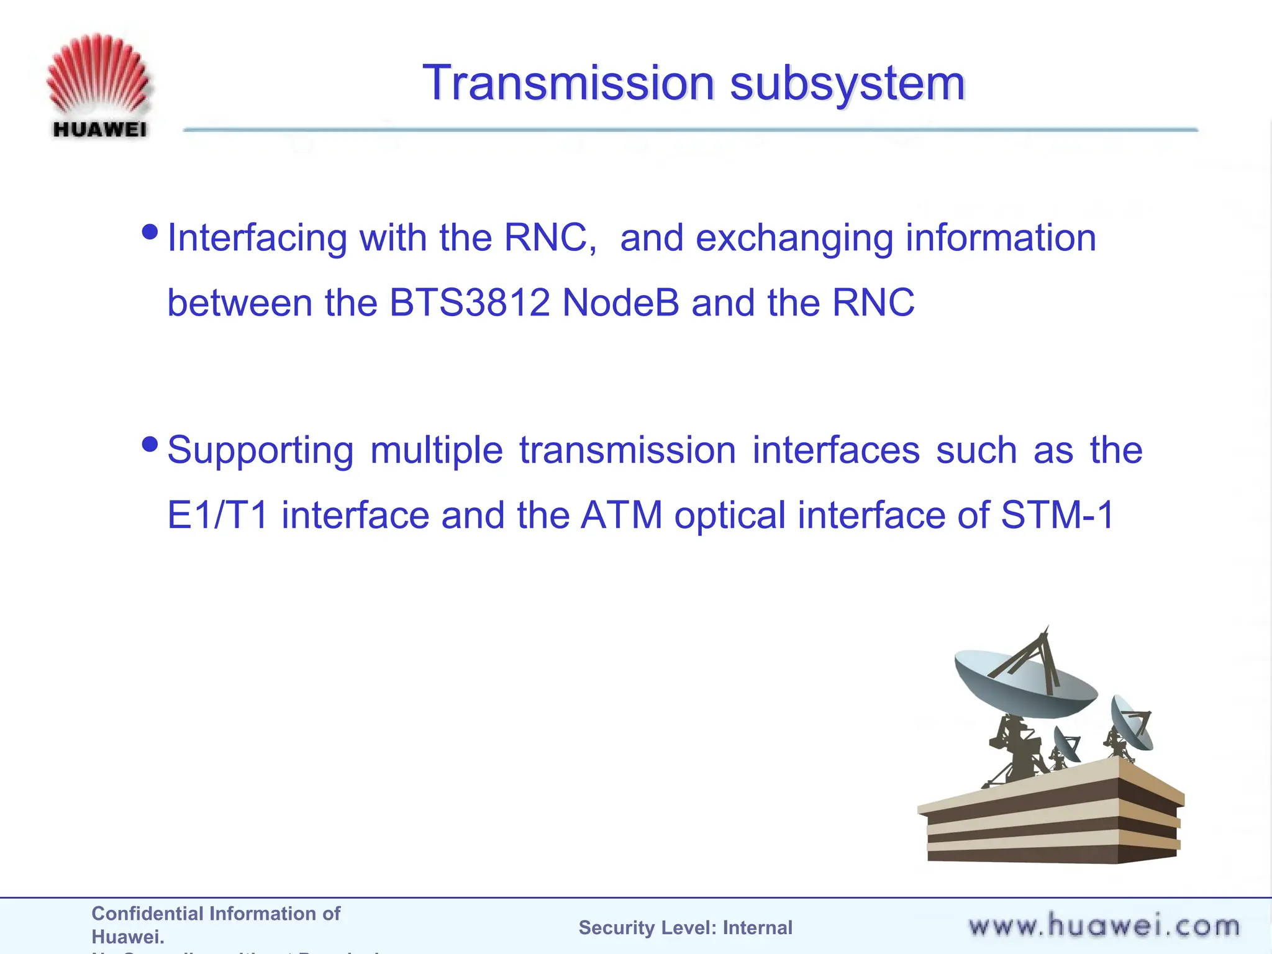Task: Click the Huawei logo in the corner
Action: pyautogui.click(x=98, y=86)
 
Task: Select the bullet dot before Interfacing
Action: pyautogui.click(x=150, y=232)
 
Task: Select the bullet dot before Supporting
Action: pyautogui.click(x=150, y=444)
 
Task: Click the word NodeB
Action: pyautogui.click(x=620, y=302)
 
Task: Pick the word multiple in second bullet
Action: pyautogui.click(x=436, y=450)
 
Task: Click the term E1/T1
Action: pyautogui.click(x=217, y=515)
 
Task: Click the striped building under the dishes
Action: pyautogui.click(x=1050, y=820)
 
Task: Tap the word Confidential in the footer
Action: pyautogui.click(x=148, y=914)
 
